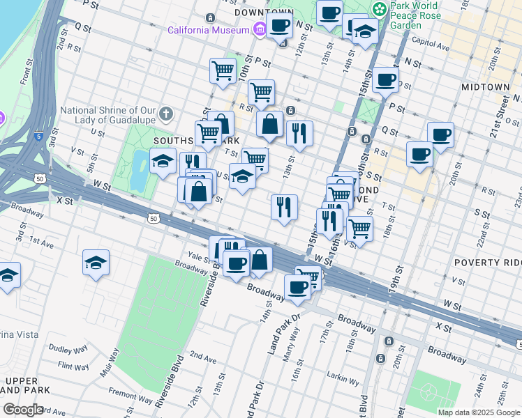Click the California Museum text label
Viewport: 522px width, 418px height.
208,30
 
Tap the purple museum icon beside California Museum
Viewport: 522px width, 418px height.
260,29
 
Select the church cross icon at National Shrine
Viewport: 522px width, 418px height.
165,113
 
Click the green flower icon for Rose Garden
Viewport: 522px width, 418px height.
379,10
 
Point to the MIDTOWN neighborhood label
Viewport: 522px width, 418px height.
485,87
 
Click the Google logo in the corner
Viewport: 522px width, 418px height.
22,409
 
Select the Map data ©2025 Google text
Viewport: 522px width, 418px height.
479,412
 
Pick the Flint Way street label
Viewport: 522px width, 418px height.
73,366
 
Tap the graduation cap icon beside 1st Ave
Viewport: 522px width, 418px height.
96,263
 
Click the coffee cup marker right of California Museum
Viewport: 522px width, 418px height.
280,26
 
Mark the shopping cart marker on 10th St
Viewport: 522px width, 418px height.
223,70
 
